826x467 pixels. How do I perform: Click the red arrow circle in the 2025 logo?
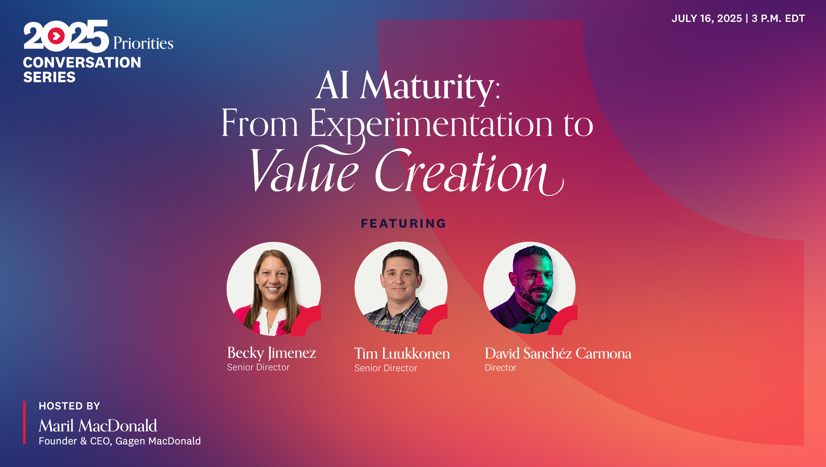tap(57, 36)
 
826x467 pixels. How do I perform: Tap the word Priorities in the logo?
tap(143, 43)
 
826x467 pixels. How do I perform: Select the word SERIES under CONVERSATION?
tap(49, 77)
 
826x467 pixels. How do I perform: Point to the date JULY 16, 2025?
tap(707, 19)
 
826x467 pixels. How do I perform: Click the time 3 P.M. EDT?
tap(778, 18)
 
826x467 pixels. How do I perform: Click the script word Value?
tap(305, 170)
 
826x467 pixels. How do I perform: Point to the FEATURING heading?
tap(404, 223)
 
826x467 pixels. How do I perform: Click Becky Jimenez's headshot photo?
tap(273, 289)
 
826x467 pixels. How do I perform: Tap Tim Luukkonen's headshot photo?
tap(401, 288)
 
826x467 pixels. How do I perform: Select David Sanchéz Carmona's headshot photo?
tap(530, 288)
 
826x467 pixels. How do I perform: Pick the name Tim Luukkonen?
tap(402, 353)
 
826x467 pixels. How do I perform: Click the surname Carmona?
tap(604, 353)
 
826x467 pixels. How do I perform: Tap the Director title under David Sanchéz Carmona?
tap(501, 368)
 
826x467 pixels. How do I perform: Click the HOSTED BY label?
tap(70, 406)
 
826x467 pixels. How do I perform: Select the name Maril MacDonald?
tap(98, 426)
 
